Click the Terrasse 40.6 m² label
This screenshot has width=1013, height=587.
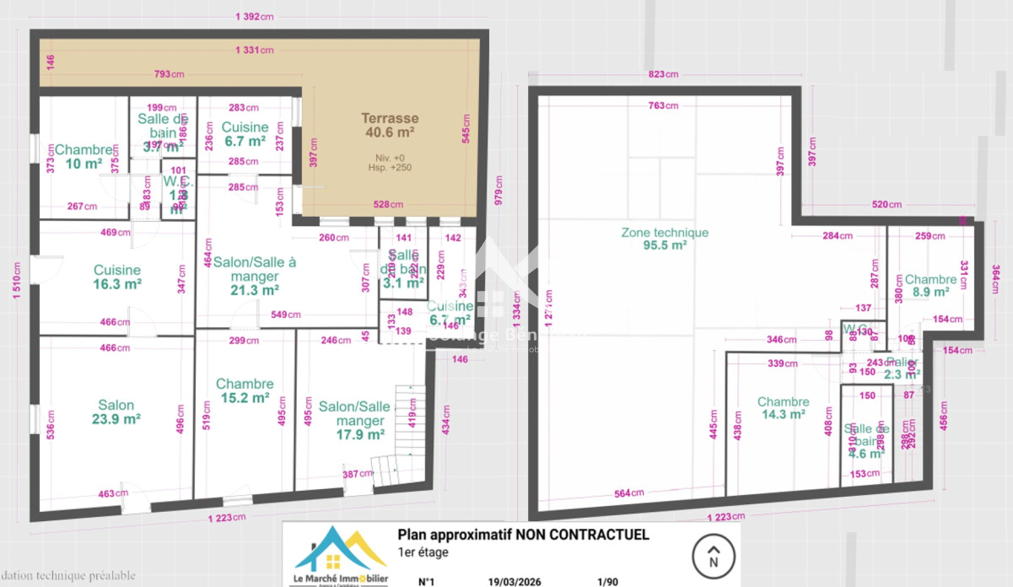pos(390,126)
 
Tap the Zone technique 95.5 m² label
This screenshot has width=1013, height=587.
pos(664,239)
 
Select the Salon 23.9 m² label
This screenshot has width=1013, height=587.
pos(116,412)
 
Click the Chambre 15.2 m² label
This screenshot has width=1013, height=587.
pos(245,391)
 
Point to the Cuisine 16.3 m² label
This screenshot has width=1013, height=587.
pos(117,277)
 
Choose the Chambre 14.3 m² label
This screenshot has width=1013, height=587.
pos(783,408)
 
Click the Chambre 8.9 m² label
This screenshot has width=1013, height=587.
pos(930,285)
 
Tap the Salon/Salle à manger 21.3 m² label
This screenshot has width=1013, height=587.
pos(254,276)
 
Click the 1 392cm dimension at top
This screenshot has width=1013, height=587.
pos(254,17)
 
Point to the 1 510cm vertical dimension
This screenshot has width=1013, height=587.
pos(17,280)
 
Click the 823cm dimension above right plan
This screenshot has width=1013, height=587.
pos(663,74)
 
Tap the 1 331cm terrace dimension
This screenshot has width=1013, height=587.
pos(254,50)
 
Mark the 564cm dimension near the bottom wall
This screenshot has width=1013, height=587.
pos(629,493)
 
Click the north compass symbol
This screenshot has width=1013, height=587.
pos(713,557)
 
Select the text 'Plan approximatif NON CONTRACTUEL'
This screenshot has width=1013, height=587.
pos(523,535)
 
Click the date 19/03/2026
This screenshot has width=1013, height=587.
pos(514,582)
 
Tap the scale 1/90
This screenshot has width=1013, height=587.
pos(607,582)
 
